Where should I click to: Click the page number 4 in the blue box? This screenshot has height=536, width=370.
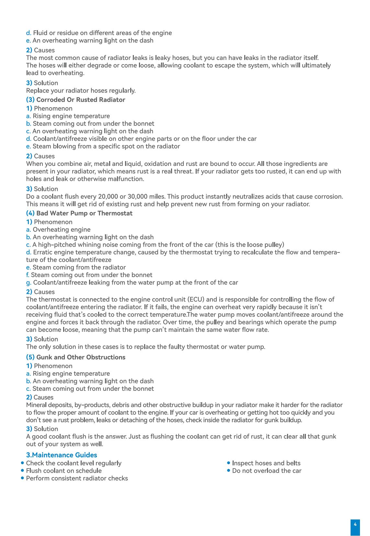[x=355, y=524]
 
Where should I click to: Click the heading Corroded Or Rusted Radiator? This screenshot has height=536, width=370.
[x=80, y=100]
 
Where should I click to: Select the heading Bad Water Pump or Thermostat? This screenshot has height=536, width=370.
[x=84, y=213]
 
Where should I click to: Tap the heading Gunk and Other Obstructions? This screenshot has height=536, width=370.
[x=81, y=357]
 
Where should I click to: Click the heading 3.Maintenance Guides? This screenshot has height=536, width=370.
[x=62, y=455]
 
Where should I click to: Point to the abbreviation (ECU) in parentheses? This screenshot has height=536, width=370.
[x=196, y=299]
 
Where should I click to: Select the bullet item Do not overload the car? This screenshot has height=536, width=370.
[x=267, y=471]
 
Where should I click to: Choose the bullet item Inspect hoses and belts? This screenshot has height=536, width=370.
[x=266, y=463]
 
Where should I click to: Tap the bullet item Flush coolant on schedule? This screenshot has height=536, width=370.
[x=64, y=471]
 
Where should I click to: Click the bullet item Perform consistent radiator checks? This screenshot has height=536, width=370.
[x=77, y=478]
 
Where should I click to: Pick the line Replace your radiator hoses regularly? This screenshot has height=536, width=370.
[x=81, y=90]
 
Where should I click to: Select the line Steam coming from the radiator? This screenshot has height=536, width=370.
[x=79, y=267]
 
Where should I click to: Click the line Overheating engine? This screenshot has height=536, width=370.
[x=62, y=230]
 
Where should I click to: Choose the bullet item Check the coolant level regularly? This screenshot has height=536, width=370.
[x=74, y=463]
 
